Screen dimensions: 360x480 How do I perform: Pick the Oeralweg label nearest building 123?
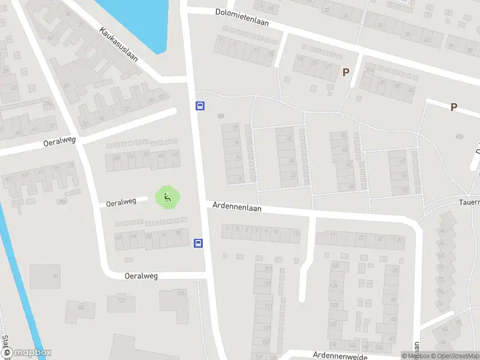coord(141,276)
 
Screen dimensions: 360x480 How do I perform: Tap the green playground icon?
coord(168,197)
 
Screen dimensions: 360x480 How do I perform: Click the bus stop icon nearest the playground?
coord(198,243)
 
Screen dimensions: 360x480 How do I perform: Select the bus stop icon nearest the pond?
coord(200,106)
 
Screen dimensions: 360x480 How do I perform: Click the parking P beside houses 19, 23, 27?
coord(346,73)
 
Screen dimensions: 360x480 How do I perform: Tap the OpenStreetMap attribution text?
coord(452,356)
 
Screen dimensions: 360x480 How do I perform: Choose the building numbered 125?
coord(181,293)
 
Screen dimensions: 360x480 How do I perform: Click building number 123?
coord(122,300)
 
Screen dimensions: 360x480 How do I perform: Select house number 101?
coord(268,269)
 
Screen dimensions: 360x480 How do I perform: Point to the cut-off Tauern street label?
coord(469,202)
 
